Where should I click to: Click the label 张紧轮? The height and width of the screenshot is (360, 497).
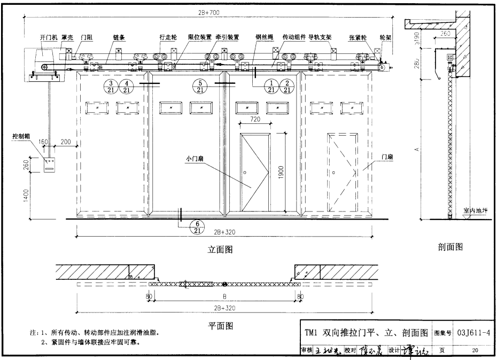pos(357,37)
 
